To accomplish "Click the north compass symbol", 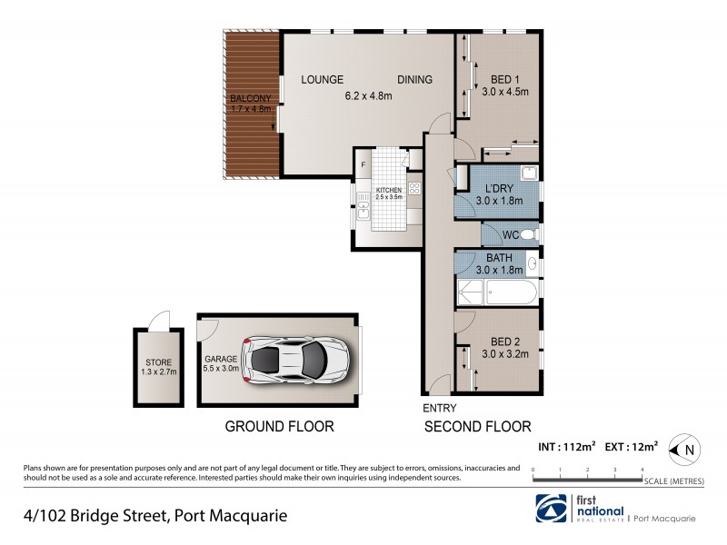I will pos(682,447).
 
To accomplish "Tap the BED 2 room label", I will pos(503,342).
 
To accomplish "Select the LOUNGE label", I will pos(321,79).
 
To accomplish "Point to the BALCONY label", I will pos(250,98).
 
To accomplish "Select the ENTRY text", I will pos(440,408).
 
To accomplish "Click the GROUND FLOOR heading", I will pos(279,426).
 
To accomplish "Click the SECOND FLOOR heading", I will pos(477,426).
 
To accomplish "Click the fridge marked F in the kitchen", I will pos(363,164).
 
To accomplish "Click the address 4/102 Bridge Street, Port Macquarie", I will pos(155,515).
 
